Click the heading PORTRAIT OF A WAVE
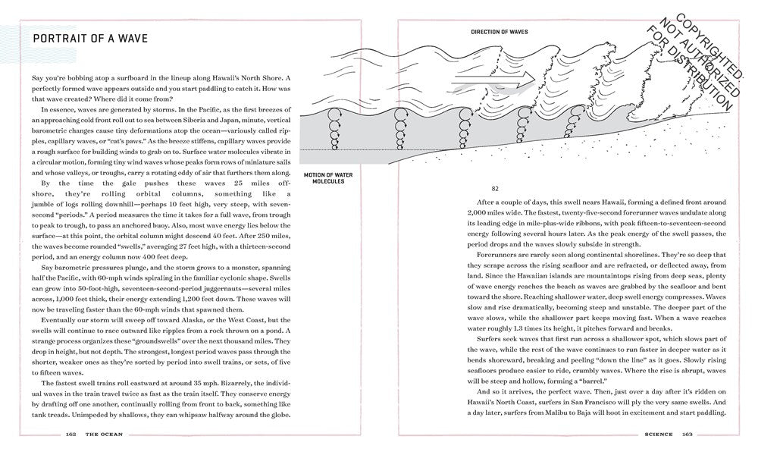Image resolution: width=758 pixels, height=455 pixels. [x=85, y=38]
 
